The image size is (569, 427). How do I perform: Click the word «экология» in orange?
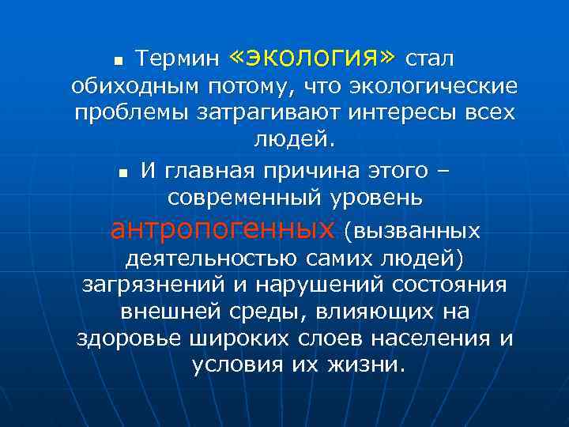point(313,57)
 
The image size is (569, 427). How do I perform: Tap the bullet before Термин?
point(119,61)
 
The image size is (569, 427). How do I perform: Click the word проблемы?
point(126,113)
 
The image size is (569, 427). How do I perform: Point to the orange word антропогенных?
point(222,229)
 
